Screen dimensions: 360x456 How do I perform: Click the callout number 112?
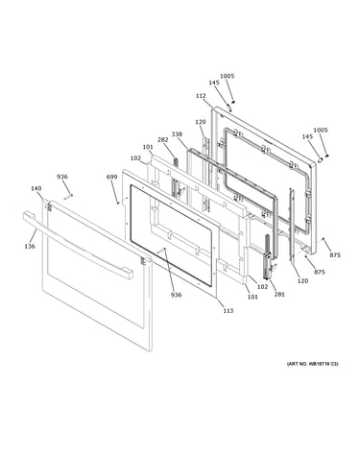pyautogui.click(x=201, y=96)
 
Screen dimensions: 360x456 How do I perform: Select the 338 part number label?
pyautogui.click(x=177, y=133)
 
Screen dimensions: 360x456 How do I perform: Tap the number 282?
pyautogui.click(x=162, y=139)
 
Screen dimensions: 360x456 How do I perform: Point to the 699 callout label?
pyautogui.click(x=111, y=177)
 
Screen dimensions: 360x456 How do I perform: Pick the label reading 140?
pyautogui.click(x=36, y=188)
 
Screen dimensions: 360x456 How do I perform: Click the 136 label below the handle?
pyautogui.click(x=30, y=246)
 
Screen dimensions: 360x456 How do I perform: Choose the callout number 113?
pyautogui.click(x=228, y=310)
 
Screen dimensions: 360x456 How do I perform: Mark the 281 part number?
pyautogui.click(x=279, y=295)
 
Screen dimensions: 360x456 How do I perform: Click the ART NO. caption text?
pyautogui.click(x=312, y=364)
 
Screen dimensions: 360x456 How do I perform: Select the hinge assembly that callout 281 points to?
pyautogui.click(x=268, y=256)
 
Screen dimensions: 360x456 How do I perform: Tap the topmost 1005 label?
pyautogui.click(x=228, y=76)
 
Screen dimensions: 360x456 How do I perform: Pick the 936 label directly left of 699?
pyautogui.click(x=62, y=177)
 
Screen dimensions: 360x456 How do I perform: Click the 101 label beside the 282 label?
pyautogui.click(x=148, y=147)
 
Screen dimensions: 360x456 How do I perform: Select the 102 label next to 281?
pyautogui.click(x=262, y=286)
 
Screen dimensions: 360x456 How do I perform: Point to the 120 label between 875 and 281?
pyautogui.click(x=302, y=281)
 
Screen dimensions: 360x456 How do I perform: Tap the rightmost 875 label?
pyautogui.click(x=335, y=255)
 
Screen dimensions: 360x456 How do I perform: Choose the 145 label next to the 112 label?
pyautogui.click(x=214, y=83)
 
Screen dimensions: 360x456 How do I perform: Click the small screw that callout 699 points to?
pyautogui.click(x=117, y=203)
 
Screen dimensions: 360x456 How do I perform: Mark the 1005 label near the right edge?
pyautogui.click(x=321, y=130)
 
